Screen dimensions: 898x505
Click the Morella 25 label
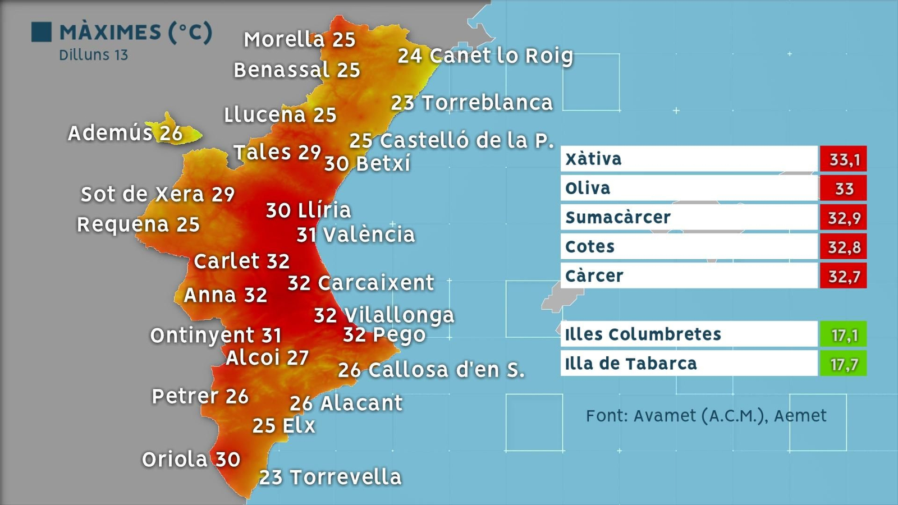tap(299, 39)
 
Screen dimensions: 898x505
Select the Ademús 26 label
tap(125, 133)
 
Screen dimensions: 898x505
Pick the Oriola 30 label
tap(191, 459)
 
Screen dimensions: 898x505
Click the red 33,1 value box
tap(843, 159)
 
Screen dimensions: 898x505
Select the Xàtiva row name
tap(593, 159)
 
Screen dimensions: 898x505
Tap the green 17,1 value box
tap(843, 335)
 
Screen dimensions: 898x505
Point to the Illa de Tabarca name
tap(631, 364)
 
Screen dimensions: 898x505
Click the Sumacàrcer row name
tap(618, 218)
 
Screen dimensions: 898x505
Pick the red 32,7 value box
tap(843, 276)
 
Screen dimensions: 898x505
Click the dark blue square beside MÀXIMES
tap(41, 32)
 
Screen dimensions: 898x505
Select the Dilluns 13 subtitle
tap(93, 55)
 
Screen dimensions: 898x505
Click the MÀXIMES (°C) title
tap(136, 32)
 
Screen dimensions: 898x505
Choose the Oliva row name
tap(588, 189)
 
